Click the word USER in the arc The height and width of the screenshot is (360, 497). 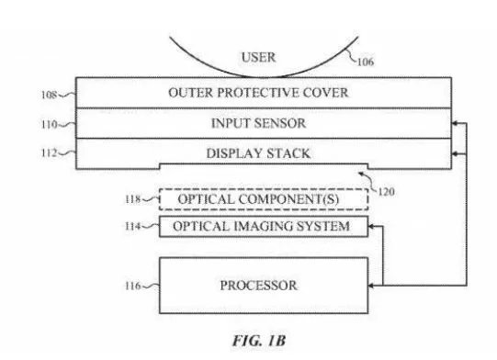(x=258, y=57)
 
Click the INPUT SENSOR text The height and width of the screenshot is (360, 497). (x=258, y=123)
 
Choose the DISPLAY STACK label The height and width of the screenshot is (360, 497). (x=258, y=153)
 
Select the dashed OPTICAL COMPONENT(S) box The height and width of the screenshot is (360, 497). (x=263, y=198)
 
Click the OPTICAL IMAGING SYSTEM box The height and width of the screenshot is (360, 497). (x=263, y=226)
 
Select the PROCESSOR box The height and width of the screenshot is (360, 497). (x=263, y=286)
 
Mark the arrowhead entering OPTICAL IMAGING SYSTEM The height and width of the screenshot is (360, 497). (x=372, y=226)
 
